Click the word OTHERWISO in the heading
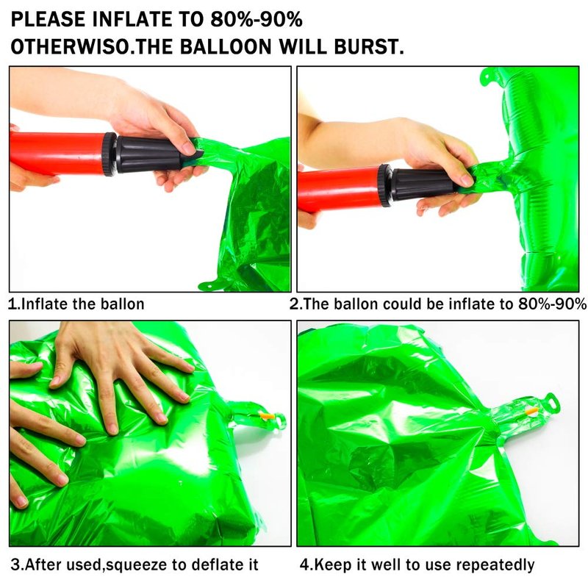click(70, 47)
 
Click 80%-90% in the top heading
click(257, 19)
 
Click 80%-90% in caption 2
click(553, 304)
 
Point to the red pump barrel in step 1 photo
click(57, 152)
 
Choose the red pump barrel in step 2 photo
click(338, 189)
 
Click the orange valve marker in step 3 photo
click(267, 415)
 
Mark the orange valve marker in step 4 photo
click(531, 411)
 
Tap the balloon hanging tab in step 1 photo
click(212, 285)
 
